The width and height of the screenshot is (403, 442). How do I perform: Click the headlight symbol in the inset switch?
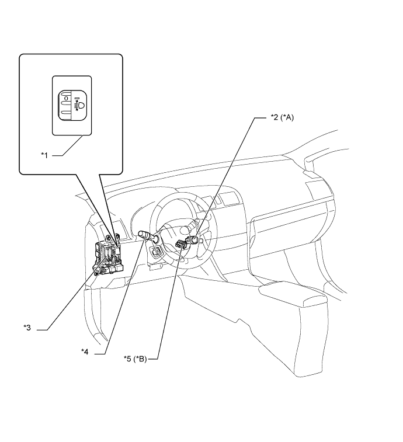click(x=79, y=106)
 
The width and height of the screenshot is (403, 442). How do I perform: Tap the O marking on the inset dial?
click(x=66, y=99)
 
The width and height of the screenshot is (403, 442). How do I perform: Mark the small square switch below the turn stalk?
click(x=157, y=252)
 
